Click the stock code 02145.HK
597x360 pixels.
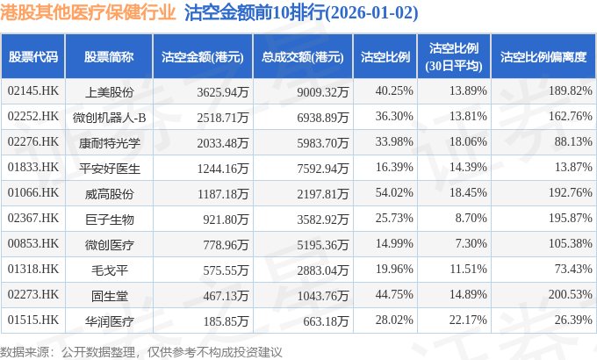tap(32, 90)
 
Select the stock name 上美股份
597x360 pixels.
tap(109, 90)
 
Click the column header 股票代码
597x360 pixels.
tap(33, 57)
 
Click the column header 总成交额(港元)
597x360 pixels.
tap(302, 57)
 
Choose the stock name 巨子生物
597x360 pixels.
tap(109, 218)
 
